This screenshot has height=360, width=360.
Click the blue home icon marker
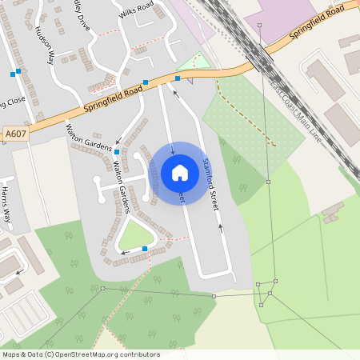pyautogui.click(x=179, y=172)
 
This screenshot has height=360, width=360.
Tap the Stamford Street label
pyautogui.click(x=210, y=184)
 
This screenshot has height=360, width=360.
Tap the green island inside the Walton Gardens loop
pyautogui.click(x=135, y=235)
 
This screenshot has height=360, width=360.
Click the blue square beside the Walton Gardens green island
pyautogui.click(x=144, y=250)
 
